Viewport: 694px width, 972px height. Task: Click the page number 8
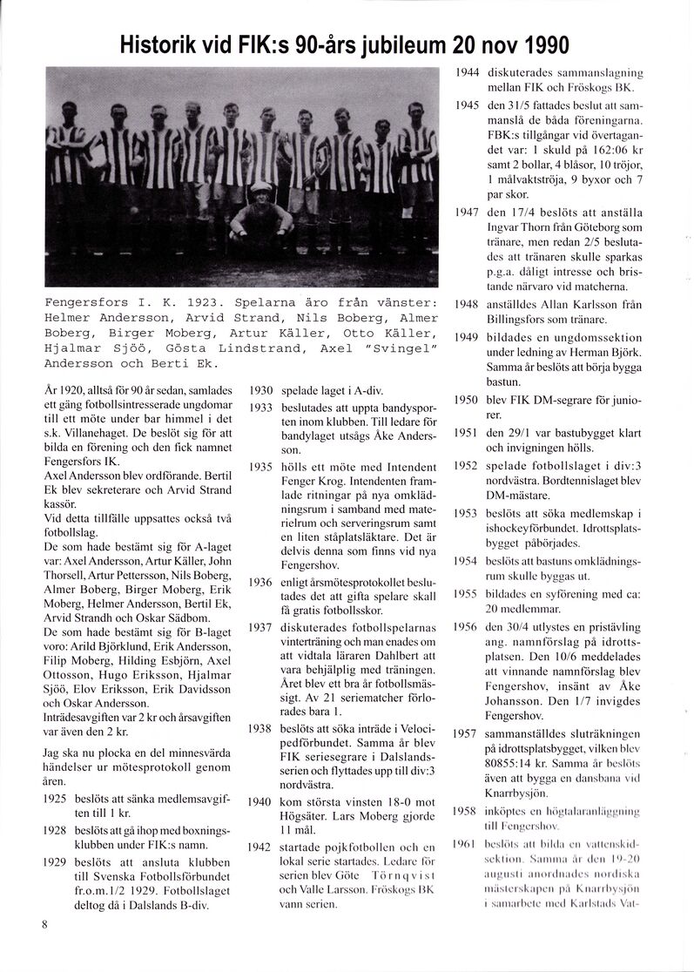[44, 925]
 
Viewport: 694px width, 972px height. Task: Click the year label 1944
[468, 74]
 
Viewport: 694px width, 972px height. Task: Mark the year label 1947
[468, 212]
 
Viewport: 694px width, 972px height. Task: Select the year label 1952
[468, 466]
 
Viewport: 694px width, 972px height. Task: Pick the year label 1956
[468, 627]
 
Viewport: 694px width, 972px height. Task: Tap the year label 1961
[468, 844]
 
